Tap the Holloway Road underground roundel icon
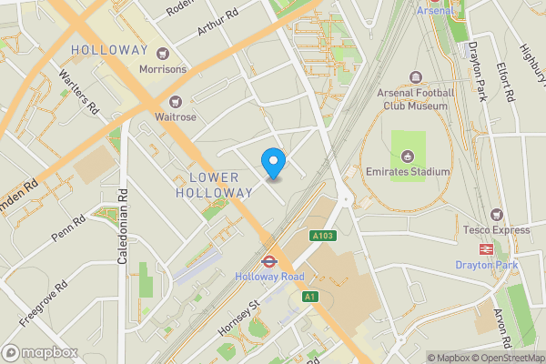click(268, 259)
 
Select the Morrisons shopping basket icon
click(164, 53)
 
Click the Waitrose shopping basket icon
click(175, 101)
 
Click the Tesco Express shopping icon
click(496, 214)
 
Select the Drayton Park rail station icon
click(486, 248)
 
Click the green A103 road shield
click(322, 236)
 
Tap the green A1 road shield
click(309, 296)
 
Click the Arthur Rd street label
click(217, 23)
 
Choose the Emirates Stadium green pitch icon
click(408, 144)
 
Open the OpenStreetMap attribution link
click(506, 358)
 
